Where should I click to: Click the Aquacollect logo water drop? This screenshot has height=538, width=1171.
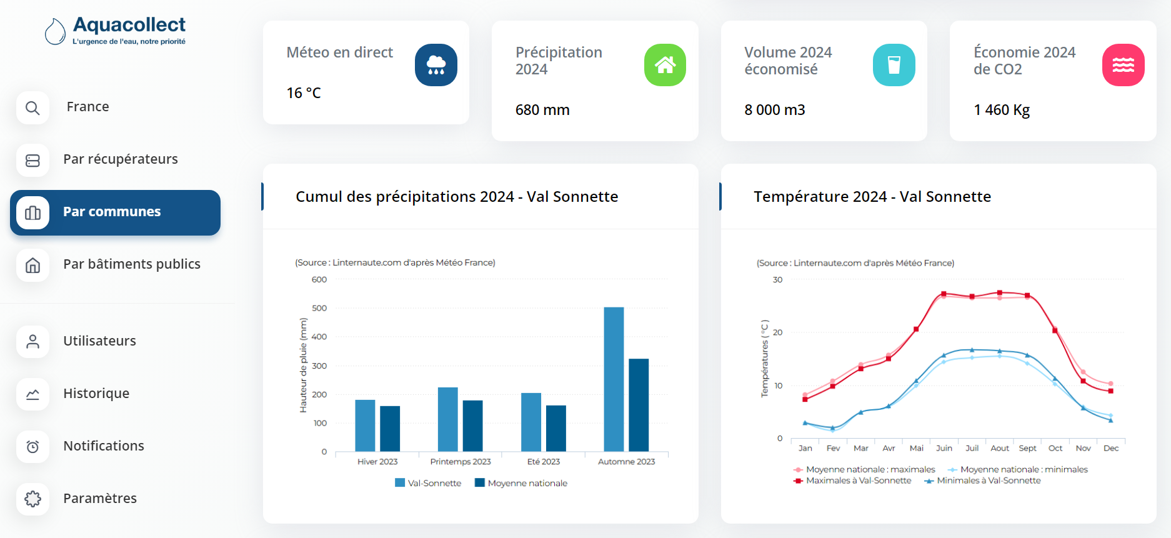pyautogui.click(x=55, y=31)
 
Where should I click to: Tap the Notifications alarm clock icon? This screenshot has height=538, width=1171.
pyautogui.click(x=32, y=446)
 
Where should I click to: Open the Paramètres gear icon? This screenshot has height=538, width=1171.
pyautogui.click(x=32, y=499)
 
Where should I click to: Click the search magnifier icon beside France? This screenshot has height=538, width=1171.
pyautogui.click(x=32, y=108)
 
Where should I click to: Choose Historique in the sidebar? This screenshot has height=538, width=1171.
pyautogui.click(x=96, y=394)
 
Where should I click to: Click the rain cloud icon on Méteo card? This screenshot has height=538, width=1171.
pyautogui.click(x=436, y=65)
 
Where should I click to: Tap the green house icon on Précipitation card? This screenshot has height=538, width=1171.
pyautogui.click(x=665, y=65)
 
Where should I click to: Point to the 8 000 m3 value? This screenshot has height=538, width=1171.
pyautogui.click(x=774, y=110)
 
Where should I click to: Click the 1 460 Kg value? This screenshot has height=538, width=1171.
pyautogui.click(x=1001, y=110)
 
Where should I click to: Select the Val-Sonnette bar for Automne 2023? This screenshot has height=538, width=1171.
pyautogui.click(x=614, y=379)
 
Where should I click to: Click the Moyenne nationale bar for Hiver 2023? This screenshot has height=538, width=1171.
pyautogui.click(x=390, y=429)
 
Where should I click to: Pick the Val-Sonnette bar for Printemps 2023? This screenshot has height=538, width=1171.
pyautogui.click(x=447, y=419)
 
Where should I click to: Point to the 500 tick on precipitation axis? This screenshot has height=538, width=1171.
pyautogui.click(x=319, y=308)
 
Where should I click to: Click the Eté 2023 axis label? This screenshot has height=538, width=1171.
pyautogui.click(x=544, y=462)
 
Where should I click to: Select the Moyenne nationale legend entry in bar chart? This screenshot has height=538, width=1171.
pyautogui.click(x=521, y=483)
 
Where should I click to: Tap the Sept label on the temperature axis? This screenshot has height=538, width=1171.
pyautogui.click(x=1027, y=448)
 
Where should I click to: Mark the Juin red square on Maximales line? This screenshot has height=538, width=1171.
pyautogui.click(x=944, y=294)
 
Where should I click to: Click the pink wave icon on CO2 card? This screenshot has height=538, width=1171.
pyautogui.click(x=1123, y=65)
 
